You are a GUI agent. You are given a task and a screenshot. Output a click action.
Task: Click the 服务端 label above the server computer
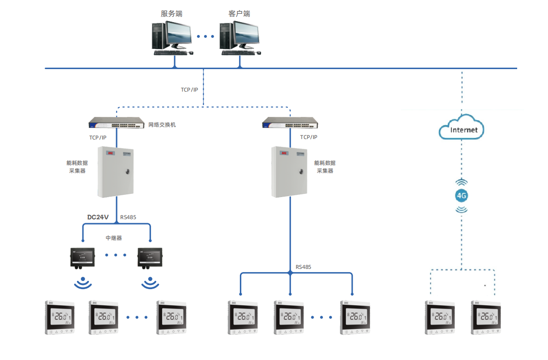[x=171, y=14]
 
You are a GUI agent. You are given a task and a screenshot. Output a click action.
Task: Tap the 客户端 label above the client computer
[x=239, y=14]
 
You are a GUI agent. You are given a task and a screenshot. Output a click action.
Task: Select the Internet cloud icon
[x=461, y=129]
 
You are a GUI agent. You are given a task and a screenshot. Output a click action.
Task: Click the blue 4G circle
[x=461, y=196]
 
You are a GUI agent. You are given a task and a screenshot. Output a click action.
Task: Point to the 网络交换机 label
[x=162, y=125]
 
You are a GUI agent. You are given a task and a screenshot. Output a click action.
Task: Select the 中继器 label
[x=114, y=238]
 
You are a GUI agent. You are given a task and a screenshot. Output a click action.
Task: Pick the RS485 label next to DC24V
[x=128, y=217]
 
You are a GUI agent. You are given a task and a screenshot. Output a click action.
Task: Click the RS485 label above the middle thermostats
[x=303, y=267]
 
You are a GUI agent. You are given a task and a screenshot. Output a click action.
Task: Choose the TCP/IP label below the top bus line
[x=189, y=90]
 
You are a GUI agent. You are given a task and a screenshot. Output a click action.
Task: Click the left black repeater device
[x=82, y=257]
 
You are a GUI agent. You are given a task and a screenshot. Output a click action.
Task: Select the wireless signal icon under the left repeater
[x=82, y=283]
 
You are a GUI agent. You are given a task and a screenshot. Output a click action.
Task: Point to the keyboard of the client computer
[x=238, y=52]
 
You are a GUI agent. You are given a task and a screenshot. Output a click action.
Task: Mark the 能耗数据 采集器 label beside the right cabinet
[x=325, y=167]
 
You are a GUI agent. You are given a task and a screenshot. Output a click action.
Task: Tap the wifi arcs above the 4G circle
[x=461, y=183]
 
